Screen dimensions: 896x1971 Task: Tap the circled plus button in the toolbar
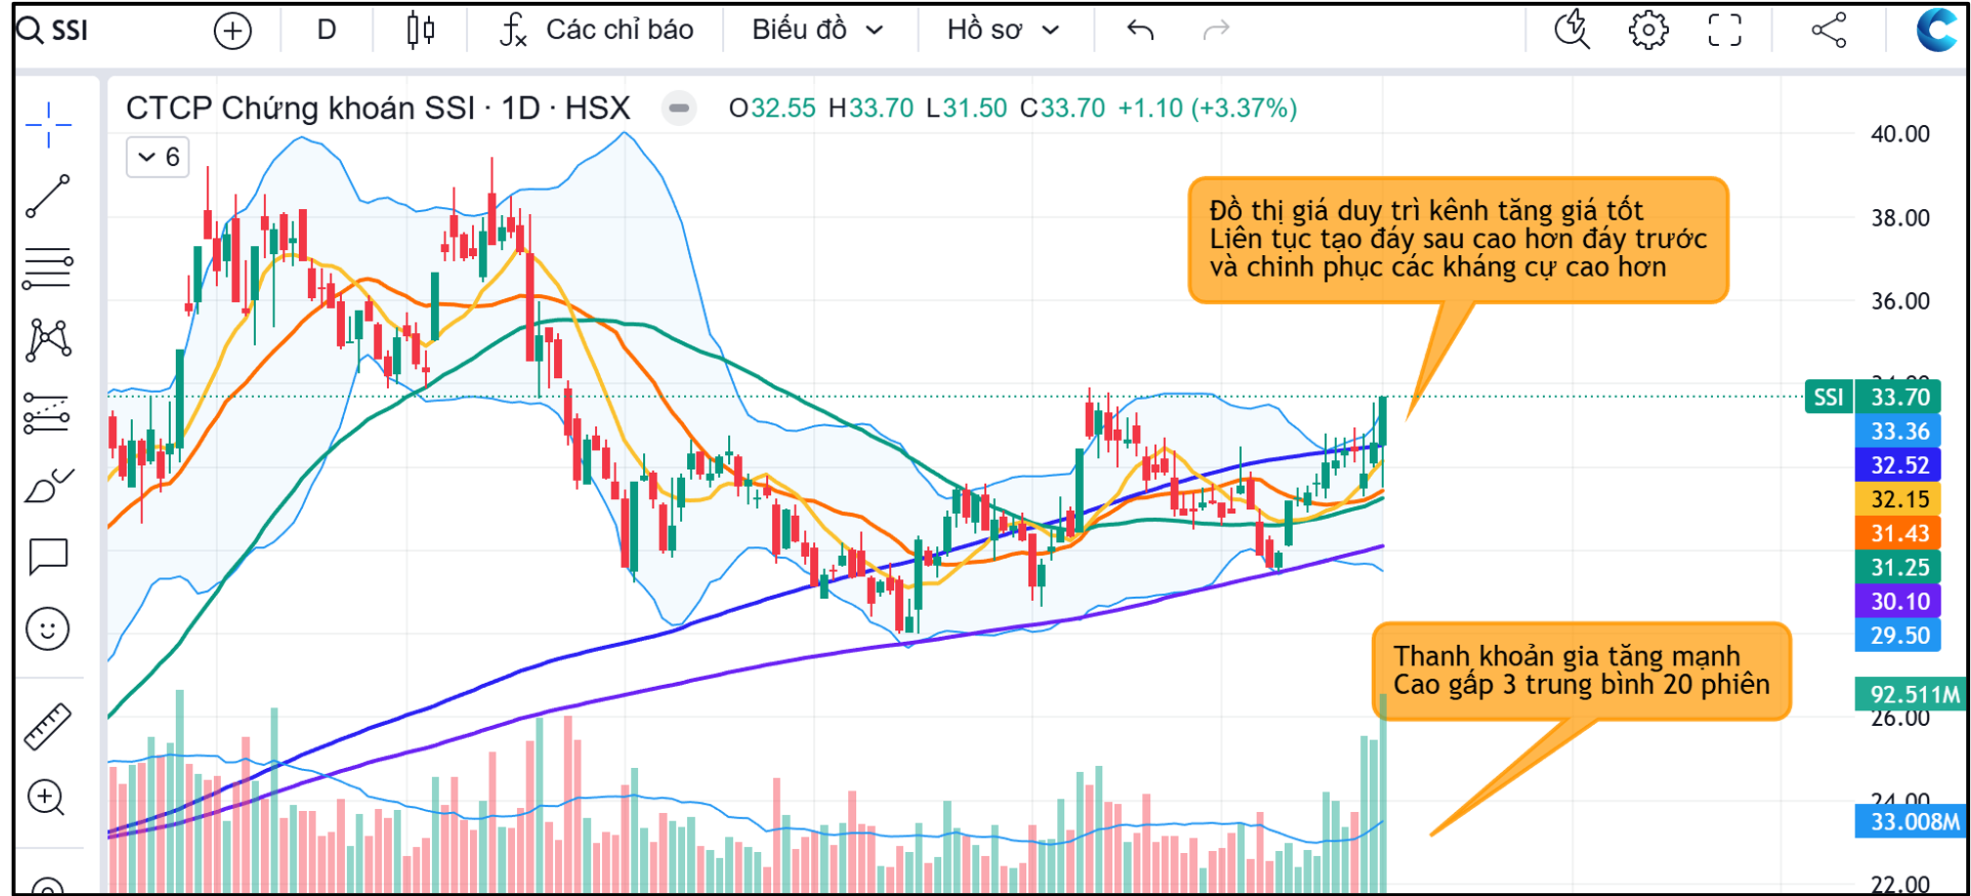[x=233, y=31]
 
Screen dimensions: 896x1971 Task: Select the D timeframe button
[x=326, y=30]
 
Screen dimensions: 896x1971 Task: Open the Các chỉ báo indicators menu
[x=597, y=30]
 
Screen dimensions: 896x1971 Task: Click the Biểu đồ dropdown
[x=817, y=30]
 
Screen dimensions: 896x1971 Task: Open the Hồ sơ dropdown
[x=1003, y=30]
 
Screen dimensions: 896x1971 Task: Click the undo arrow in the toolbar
[x=1140, y=30]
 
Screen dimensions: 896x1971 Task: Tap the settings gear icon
[x=1648, y=30]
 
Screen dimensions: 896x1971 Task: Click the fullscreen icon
[x=1725, y=30]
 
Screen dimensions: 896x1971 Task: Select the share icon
[x=1828, y=30]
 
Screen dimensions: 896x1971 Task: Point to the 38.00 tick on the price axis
[x=1900, y=218]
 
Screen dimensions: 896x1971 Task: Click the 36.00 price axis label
[x=1900, y=301]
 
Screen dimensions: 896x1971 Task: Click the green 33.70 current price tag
[x=1899, y=398]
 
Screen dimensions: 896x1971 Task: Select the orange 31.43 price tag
[x=1899, y=533]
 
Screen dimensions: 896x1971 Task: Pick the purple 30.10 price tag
[x=1899, y=602]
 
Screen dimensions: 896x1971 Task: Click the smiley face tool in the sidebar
[x=47, y=628]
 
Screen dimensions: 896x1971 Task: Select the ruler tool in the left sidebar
[x=47, y=726]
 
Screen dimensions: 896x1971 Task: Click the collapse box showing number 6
[x=158, y=157]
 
